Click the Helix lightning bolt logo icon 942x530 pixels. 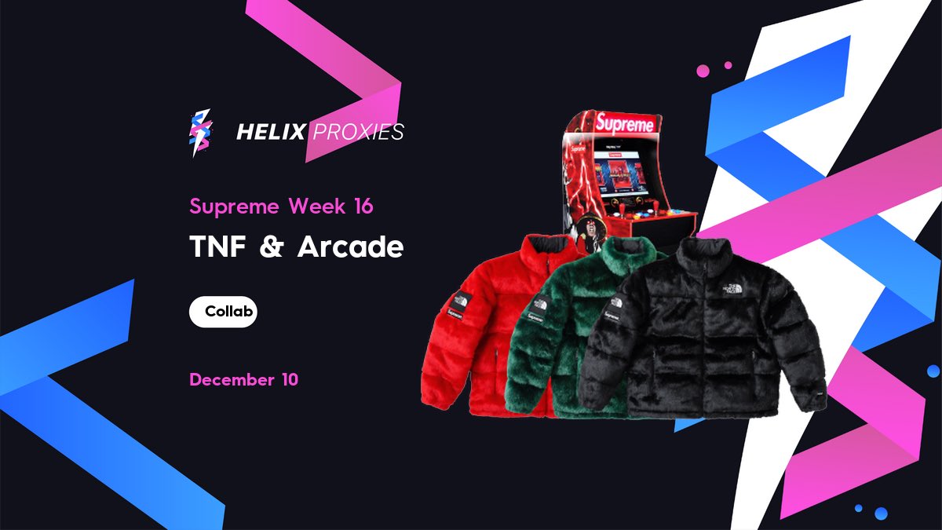tap(200, 132)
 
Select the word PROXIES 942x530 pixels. tap(358, 132)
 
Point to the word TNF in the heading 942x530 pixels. tap(217, 247)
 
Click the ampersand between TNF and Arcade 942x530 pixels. tap(270, 247)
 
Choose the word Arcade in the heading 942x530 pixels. tap(350, 247)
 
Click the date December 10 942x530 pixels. tap(243, 380)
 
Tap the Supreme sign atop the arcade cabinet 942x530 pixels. tap(624, 123)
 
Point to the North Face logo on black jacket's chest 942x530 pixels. tap(733, 288)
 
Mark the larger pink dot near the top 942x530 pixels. tap(703, 71)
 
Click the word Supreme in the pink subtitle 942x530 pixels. tap(234, 207)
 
